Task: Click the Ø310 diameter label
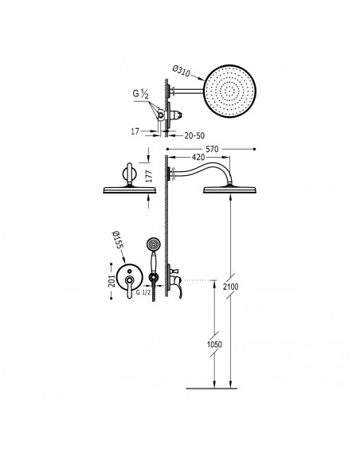181,72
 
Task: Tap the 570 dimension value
212,149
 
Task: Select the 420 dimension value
198,157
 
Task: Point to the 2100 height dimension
231,287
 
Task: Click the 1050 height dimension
214,344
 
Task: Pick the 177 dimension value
149,176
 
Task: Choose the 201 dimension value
112,281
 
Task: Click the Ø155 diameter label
119,242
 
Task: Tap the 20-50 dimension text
194,136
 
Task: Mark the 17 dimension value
135,131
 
